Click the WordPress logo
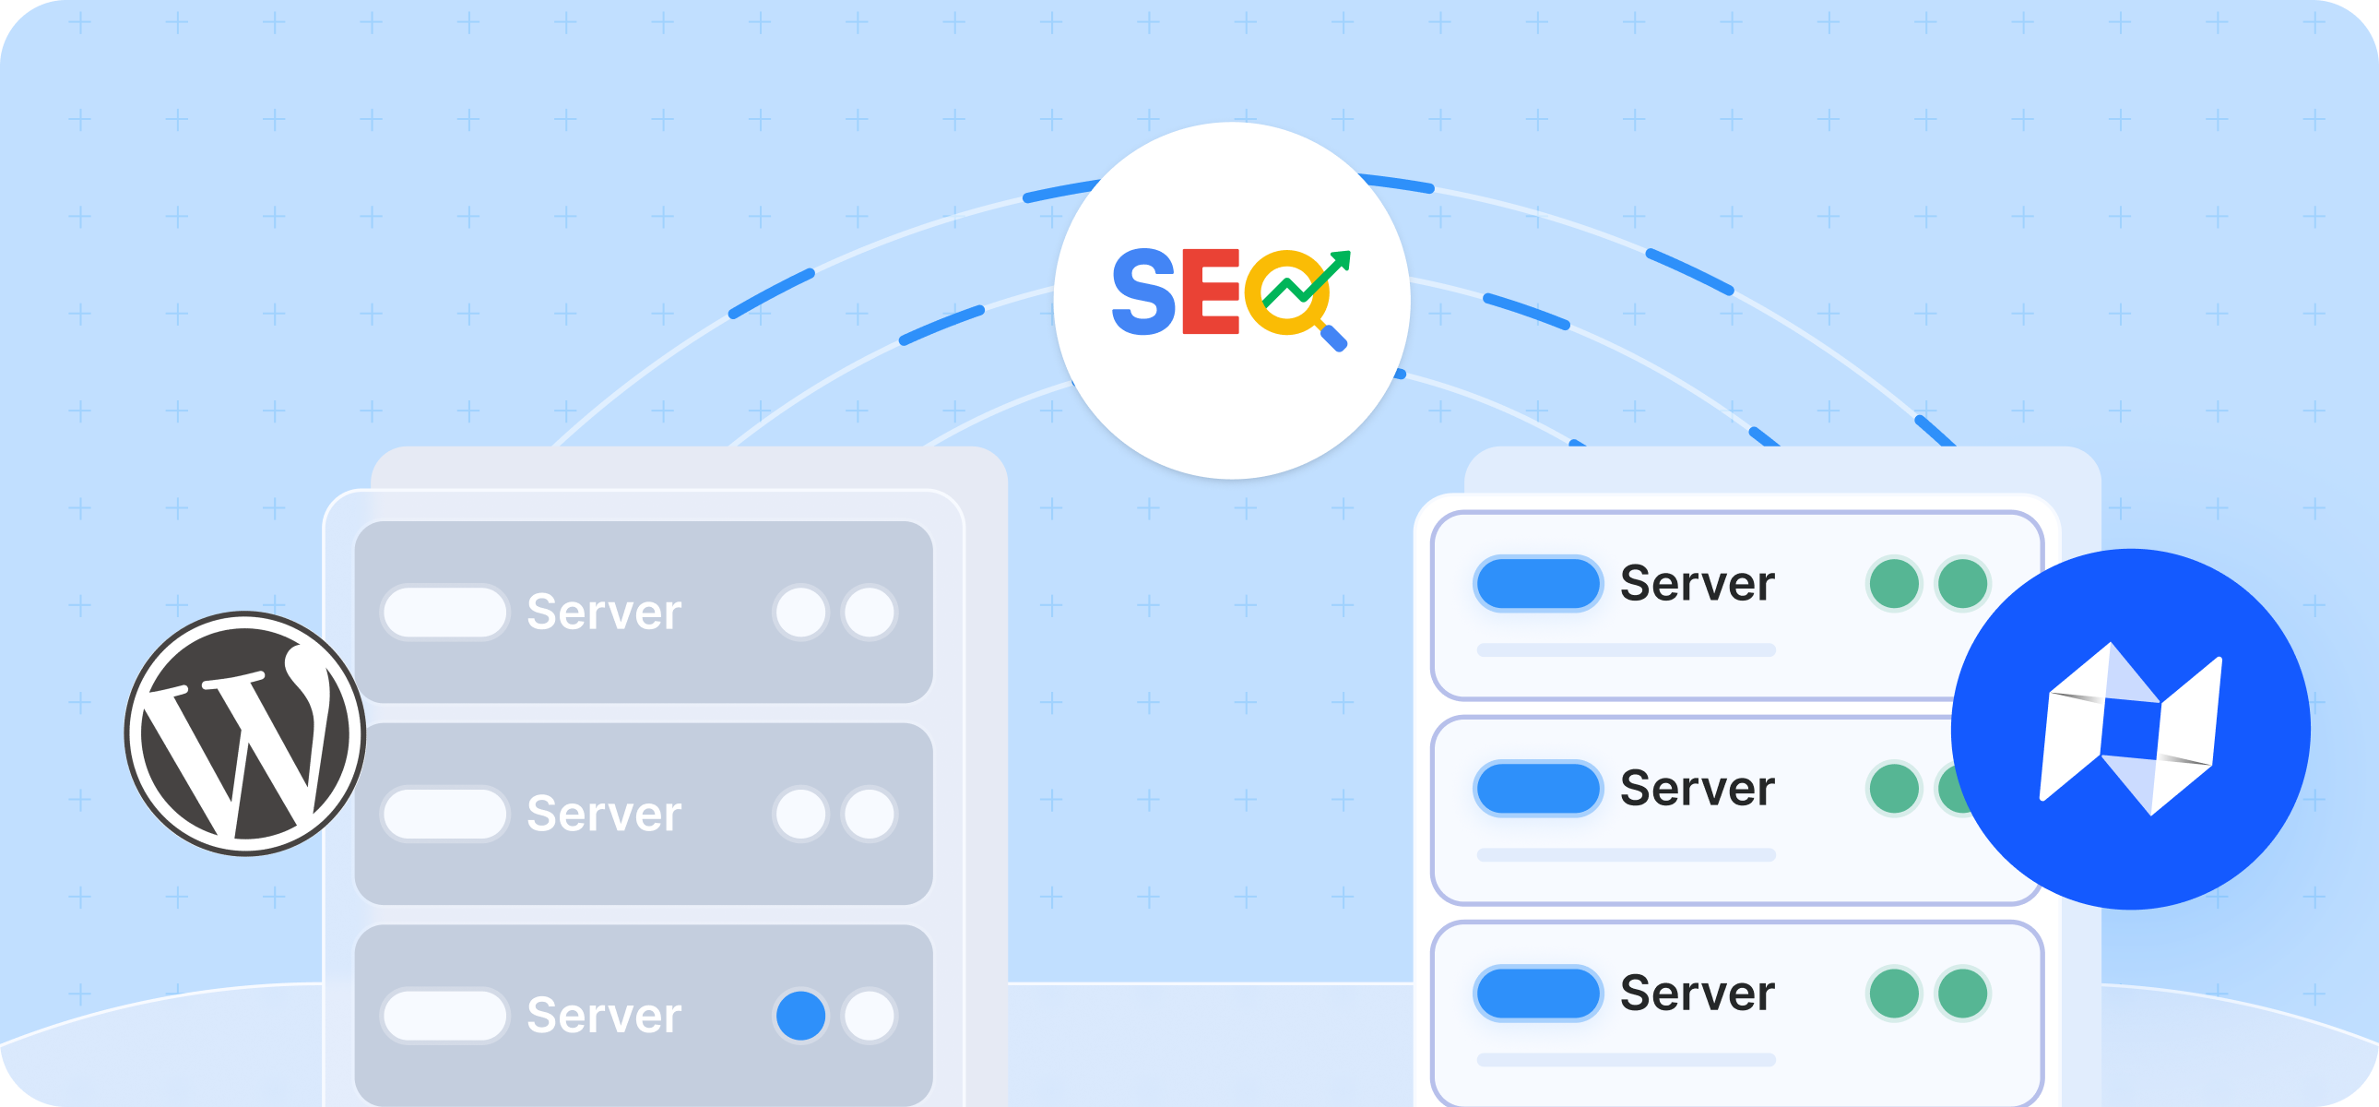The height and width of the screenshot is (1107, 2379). [x=244, y=732]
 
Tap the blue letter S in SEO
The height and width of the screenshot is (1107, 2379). [x=1143, y=292]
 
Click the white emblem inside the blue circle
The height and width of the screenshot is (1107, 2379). [x=2130, y=730]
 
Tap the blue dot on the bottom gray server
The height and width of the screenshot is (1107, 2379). [x=800, y=1015]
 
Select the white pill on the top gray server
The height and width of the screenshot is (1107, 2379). [x=444, y=612]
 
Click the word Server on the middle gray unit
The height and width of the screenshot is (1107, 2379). [x=604, y=813]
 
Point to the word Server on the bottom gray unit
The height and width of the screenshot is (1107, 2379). [x=604, y=1015]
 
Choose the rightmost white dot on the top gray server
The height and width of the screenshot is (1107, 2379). [x=869, y=612]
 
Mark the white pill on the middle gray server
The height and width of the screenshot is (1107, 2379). [x=444, y=813]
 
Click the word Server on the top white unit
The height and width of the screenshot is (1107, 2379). [x=1698, y=583]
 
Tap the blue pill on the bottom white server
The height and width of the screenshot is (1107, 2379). [x=1538, y=993]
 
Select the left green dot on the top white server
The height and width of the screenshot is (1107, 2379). [x=1894, y=583]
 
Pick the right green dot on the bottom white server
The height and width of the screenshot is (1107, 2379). [x=1962, y=993]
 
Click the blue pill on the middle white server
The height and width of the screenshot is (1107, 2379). [x=1538, y=788]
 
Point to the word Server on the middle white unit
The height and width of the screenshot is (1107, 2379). [x=1698, y=788]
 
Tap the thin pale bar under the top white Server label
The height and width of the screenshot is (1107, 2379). [x=1626, y=650]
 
